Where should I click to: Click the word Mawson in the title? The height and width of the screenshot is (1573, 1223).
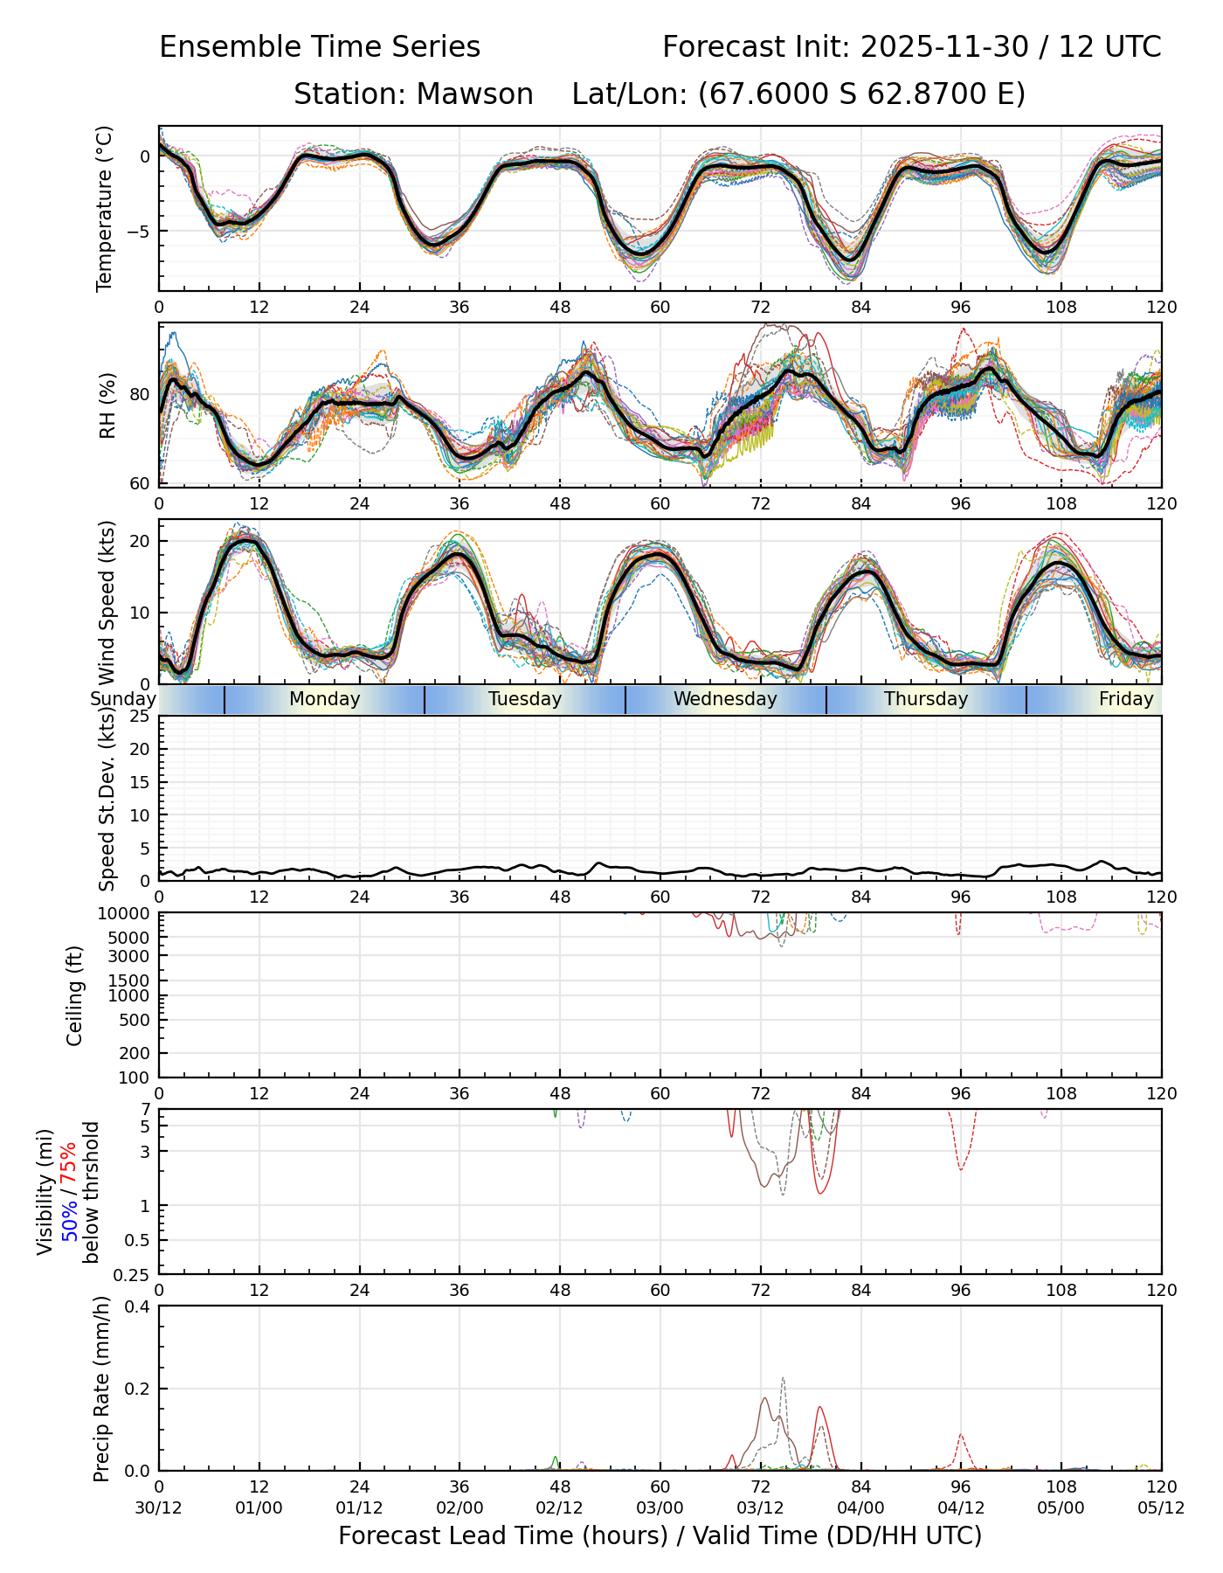point(474,94)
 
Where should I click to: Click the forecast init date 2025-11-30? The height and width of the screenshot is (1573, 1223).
point(944,47)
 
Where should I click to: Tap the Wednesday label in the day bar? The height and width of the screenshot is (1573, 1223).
point(725,699)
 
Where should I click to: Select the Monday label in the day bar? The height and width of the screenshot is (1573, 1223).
point(325,699)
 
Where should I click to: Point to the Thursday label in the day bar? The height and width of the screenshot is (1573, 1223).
point(926,699)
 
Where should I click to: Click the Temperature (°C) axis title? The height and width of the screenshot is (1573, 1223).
point(106,208)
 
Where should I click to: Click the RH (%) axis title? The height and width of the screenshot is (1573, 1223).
point(107,405)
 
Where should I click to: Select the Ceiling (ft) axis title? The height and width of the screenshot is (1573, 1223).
point(75,995)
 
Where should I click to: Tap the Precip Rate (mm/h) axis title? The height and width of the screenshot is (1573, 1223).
point(102,1389)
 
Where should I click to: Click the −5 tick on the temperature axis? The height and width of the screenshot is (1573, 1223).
point(139,232)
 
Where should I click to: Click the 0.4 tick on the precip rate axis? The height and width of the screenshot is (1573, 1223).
point(138,1306)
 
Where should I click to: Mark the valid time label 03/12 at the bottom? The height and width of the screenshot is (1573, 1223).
point(760,1507)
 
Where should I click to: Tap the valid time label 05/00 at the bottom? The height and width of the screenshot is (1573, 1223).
point(1061,1507)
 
